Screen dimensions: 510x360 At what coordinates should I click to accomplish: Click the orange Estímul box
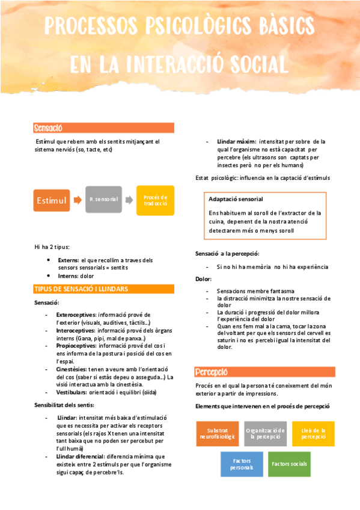(x=50, y=200)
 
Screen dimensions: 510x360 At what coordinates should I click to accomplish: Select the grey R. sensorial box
(x=103, y=199)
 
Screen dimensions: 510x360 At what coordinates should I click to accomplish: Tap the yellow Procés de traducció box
(x=156, y=200)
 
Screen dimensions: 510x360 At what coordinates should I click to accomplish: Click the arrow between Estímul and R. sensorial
(x=78, y=200)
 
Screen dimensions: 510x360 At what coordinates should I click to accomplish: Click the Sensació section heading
(x=49, y=128)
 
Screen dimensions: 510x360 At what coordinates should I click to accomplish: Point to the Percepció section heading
(x=213, y=372)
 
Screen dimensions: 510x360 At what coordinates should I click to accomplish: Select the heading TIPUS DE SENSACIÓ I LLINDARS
(x=81, y=289)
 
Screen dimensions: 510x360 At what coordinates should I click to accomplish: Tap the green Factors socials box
(x=289, y=464)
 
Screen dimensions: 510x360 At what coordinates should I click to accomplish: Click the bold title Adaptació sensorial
(x=236, y=198)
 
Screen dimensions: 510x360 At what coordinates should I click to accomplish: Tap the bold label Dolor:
(x=204, y=279)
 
